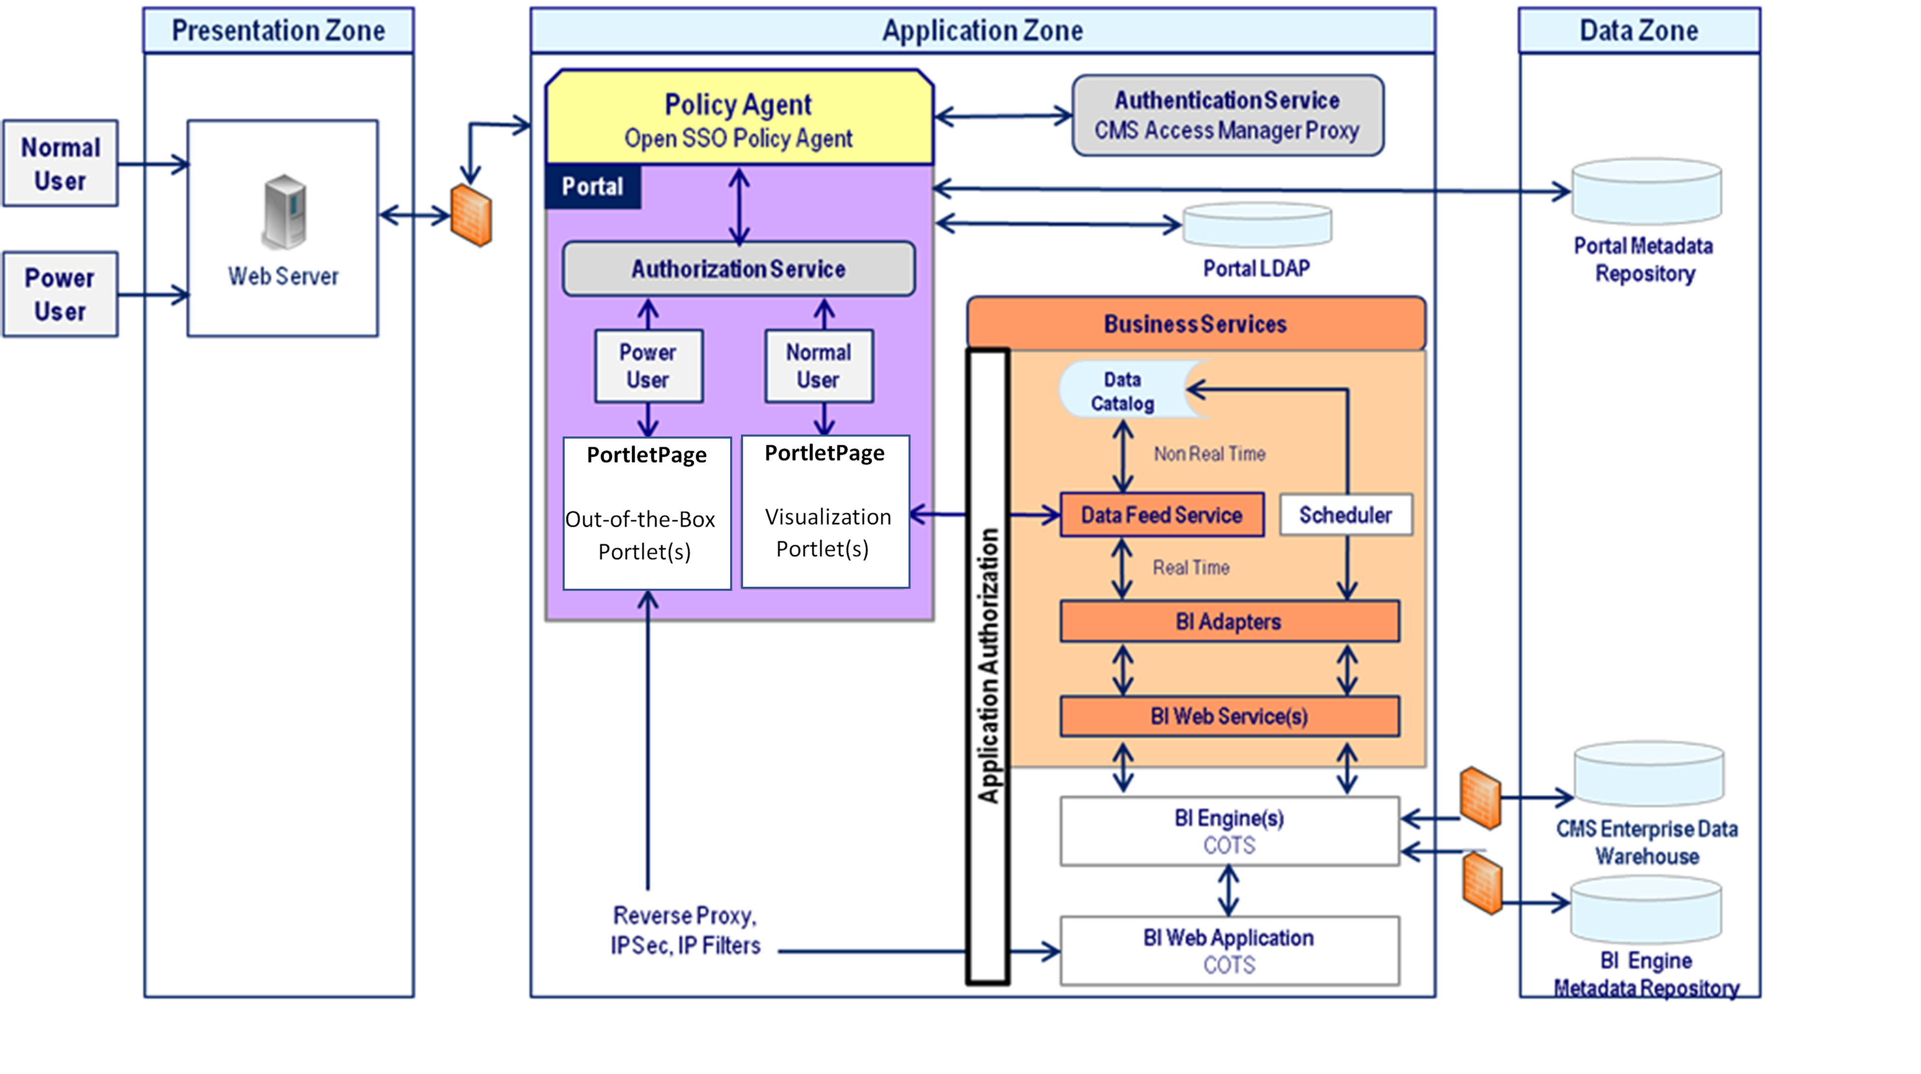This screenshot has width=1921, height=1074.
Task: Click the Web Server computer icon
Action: pos(284,212)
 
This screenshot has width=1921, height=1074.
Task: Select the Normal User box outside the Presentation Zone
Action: pos(61,164)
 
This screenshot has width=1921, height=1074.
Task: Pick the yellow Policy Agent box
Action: pos(738,119)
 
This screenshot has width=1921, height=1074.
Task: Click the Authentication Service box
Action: pos(1227,116)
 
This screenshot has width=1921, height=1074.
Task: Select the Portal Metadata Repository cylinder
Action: pos(1646,193)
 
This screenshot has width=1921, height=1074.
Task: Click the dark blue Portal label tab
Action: pos(593,186)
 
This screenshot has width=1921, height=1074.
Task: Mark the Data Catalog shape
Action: pos(1123,391)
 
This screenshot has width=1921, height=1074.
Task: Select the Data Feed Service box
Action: pos(1162,515)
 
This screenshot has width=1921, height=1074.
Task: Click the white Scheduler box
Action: pos(1346,515)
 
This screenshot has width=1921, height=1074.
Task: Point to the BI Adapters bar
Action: pos(1229,621)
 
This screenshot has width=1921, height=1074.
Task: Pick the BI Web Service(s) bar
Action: pos(1229,716)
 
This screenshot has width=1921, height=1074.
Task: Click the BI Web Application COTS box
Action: pos(1229,951)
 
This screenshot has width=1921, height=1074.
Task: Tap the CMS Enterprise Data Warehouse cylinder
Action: pos(1648,774)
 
